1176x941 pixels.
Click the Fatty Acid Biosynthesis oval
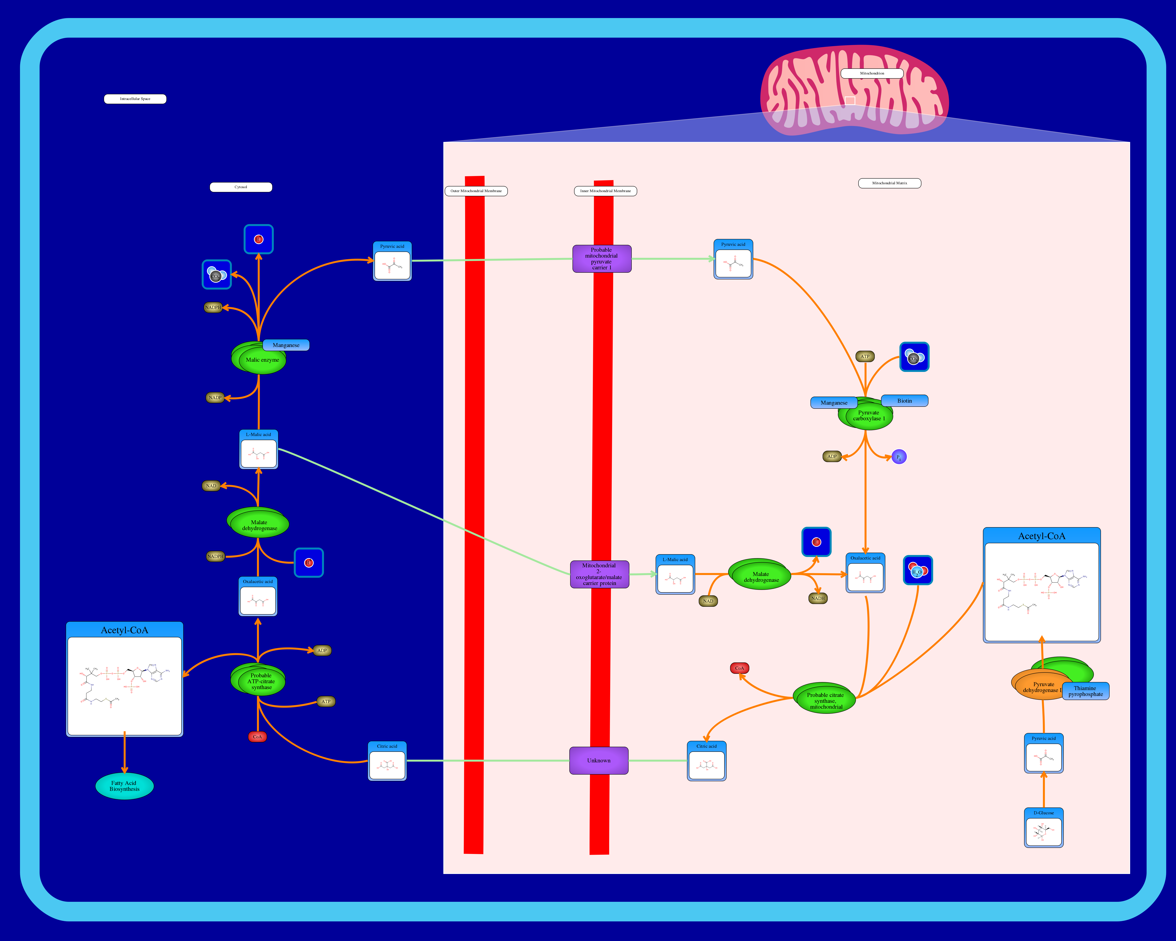coord(124,786)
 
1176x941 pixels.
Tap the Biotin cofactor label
coord(904,401)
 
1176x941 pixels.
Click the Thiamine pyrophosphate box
coord(1085,691)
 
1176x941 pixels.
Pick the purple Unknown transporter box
coord(599,760)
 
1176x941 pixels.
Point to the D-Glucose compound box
coord(1044,828)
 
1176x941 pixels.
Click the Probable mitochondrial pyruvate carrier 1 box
coord(602,259)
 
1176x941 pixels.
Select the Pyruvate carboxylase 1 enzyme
coord(868,416)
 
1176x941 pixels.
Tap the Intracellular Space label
coord(135,99)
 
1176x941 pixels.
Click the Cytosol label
coord(241,187)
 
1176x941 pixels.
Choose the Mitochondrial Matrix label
coord(890,183)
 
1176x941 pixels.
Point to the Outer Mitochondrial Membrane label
coord(476,191)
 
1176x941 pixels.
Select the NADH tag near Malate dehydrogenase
coord(818,599)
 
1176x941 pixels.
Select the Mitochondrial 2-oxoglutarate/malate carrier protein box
coord(599,574)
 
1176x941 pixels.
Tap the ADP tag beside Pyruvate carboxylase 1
coord(832,457)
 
